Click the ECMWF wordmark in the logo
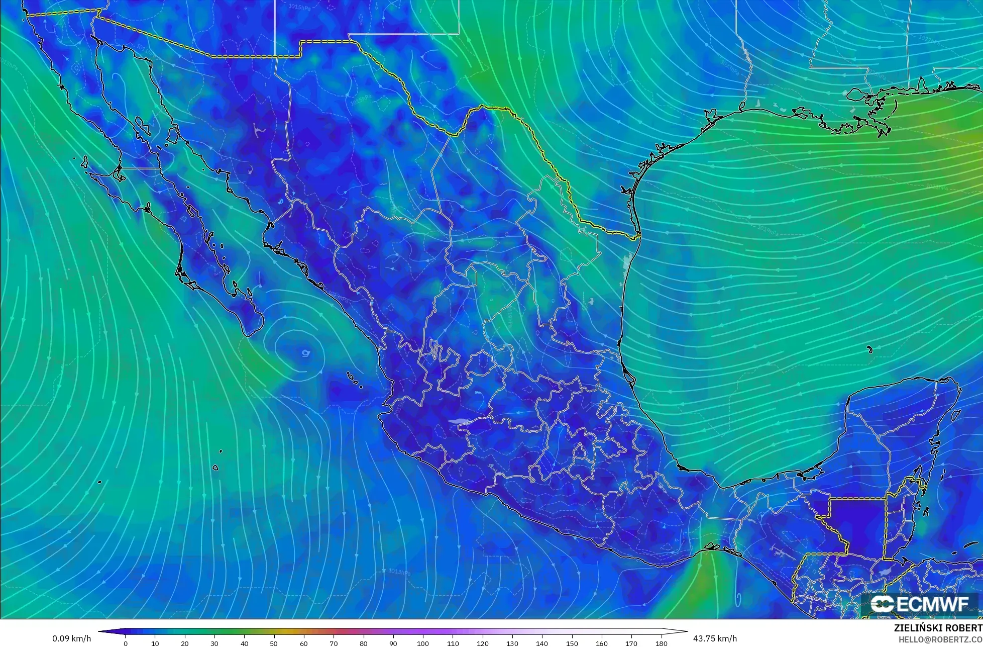tap(931, 604)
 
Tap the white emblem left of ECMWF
tap(882, 604)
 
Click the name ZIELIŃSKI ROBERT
tap(938, 628)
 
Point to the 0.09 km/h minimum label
tap(71, 638)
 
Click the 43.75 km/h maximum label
tap(715, 638)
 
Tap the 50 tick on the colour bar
tap(274, 643)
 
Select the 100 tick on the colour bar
tap(423, 643)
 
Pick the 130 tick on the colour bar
tap(512, 643)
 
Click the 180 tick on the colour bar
tap(662, 643)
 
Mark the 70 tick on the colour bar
tap(334, 643)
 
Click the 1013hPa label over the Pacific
tap(399, 572)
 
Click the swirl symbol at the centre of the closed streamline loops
tap(305, 353)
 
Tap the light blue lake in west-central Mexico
tap(459, 422)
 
